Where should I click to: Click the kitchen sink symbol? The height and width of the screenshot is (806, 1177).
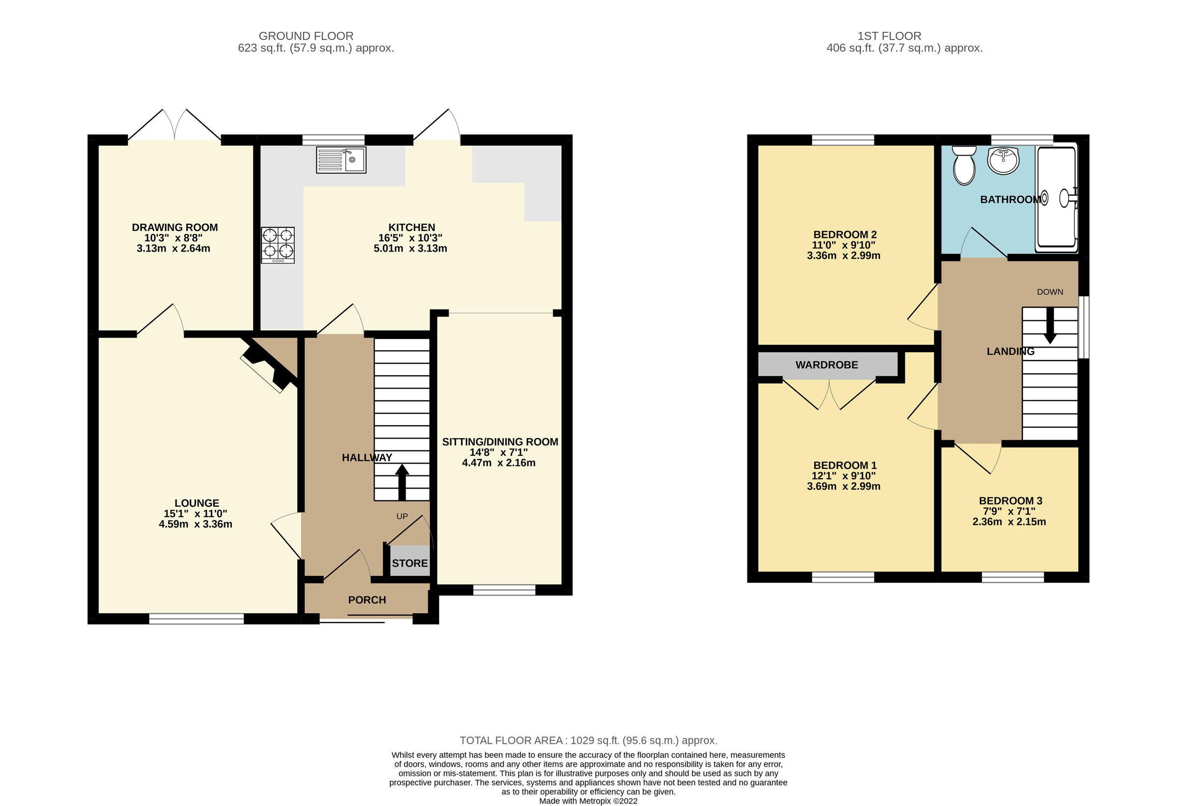[341, 159]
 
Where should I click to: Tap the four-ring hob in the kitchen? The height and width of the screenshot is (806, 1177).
[278, 245]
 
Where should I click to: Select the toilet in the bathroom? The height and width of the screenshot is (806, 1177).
[964, 165]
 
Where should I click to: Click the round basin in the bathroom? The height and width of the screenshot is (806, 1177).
[1003, 161]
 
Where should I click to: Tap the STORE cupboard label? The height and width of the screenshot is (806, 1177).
[409, 563]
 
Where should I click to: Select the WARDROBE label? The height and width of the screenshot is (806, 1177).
[826, 365]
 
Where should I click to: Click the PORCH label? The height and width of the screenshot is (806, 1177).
[367, 600]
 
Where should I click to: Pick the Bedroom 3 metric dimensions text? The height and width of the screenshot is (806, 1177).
[1009, 522]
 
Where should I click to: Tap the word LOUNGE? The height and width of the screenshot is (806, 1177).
[197, 503]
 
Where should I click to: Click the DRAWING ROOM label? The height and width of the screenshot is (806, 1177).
[175, 228]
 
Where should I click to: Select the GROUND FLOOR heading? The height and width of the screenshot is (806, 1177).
[306, 36]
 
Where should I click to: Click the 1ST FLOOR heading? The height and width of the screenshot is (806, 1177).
[889, 36]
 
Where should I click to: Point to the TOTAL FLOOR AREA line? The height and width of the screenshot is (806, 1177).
[588, 741]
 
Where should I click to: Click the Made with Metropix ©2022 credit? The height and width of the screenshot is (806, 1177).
[588, 801]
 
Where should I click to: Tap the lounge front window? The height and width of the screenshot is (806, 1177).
[197, 619]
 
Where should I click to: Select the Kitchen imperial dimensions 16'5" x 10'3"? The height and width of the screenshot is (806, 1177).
[410, 238]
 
